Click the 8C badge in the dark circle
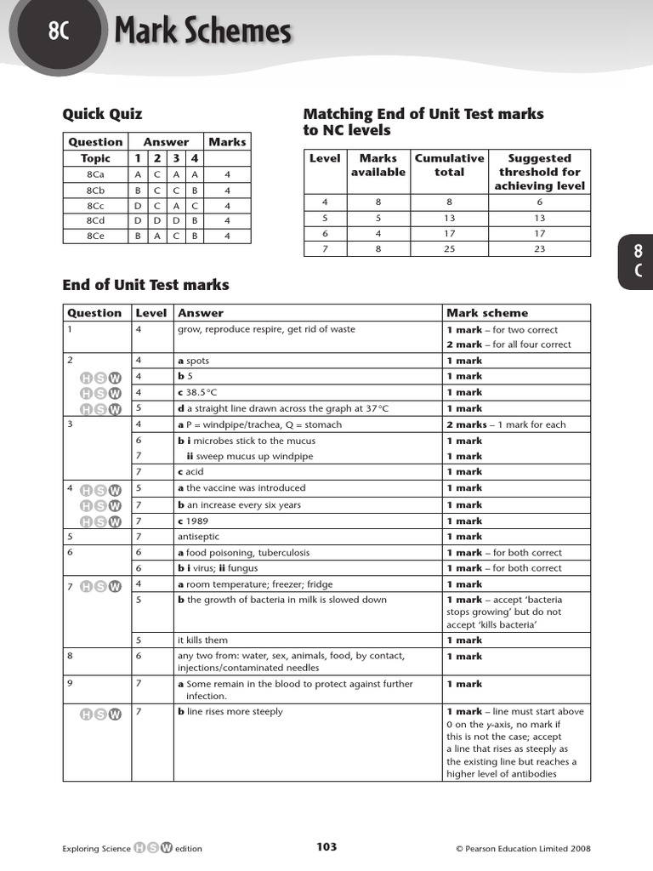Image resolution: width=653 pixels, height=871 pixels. (57, 31)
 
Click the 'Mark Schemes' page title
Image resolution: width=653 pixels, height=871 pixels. (202, 32)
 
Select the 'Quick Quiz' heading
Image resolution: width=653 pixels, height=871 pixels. (102, 114)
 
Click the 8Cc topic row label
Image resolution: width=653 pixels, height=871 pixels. (96, 205)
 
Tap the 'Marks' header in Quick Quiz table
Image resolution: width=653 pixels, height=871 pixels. (226, 142)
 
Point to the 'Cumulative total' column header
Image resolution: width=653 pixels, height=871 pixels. (449, 165)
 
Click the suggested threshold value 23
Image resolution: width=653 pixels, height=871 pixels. (539, 248)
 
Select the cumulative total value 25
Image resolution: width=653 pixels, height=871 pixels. (449, 248)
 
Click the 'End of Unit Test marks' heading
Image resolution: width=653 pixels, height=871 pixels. (145, 285)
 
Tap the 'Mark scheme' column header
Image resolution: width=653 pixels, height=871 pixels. (486, 313)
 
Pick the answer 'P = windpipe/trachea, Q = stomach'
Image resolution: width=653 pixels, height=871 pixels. (259, 424)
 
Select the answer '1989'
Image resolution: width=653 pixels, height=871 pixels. (196, 521)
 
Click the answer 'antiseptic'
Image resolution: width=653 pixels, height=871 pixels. (198, 537)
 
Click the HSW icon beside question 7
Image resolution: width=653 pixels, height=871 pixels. (100, 585)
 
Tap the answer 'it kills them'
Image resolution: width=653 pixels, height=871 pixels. (202, 640)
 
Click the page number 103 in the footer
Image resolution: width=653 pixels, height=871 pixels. (326, 847)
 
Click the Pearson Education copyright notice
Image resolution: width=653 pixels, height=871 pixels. (523, 848)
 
